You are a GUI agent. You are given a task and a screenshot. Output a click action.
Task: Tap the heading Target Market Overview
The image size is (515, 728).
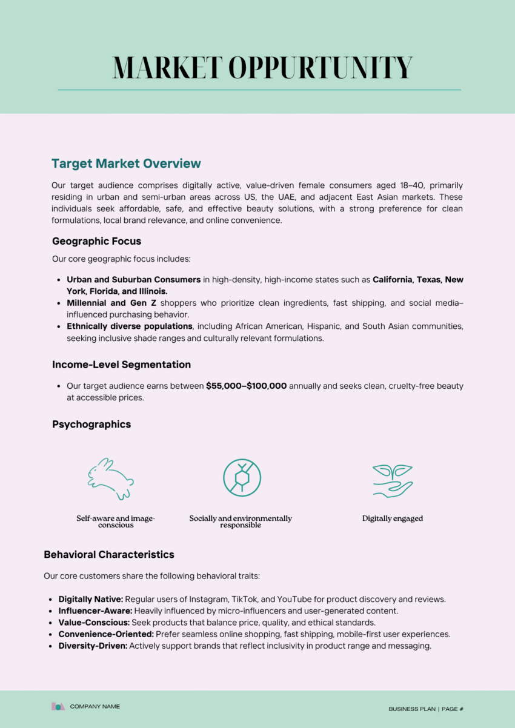click(126, 164)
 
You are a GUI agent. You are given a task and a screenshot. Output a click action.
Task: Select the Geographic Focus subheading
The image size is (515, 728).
click(96, 241)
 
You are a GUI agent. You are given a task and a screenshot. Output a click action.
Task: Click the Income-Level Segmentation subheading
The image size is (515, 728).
click(121, 365)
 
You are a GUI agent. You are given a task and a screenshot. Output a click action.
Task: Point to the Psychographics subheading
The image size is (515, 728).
click(91, 424)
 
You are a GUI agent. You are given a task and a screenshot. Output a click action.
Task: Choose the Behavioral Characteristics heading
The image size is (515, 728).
click(109, 554)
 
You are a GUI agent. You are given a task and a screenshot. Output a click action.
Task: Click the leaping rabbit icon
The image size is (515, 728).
click(111, 478)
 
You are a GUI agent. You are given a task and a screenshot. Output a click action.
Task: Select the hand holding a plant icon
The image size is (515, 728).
click(392, 480)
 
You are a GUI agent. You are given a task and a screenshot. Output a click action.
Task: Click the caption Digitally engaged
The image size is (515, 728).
click(393, 518)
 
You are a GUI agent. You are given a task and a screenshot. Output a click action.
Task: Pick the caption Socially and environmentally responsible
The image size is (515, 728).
click(241, 521)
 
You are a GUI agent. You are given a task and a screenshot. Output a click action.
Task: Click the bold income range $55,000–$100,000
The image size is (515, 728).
click(246, 386)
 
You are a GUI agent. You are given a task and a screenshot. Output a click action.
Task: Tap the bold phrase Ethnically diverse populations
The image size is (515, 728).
click(130, 326)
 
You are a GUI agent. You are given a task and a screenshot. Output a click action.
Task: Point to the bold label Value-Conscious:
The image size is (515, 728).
click(95, 623)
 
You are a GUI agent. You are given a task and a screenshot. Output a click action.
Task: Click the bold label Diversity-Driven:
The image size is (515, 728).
click(93, 646)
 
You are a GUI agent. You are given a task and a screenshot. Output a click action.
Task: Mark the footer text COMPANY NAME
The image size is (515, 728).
click(95, 706)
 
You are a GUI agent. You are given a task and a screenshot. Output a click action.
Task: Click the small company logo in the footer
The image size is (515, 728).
click(58, 706)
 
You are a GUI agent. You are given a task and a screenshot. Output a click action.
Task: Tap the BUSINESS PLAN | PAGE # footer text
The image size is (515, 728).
click(426, 709)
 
